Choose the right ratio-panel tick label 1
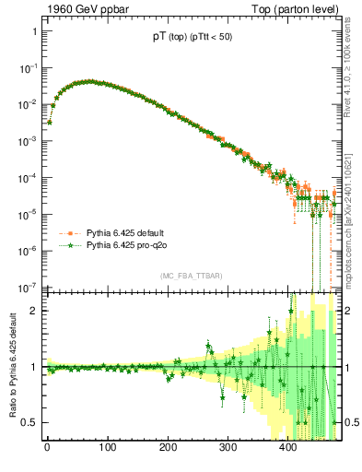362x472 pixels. point(350,367)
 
